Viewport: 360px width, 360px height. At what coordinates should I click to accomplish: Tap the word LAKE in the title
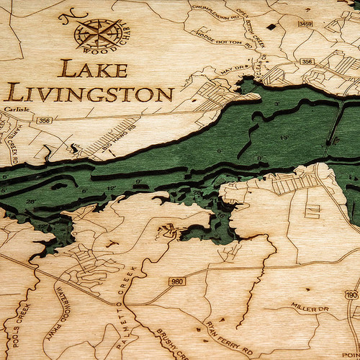click(x=94, y=70)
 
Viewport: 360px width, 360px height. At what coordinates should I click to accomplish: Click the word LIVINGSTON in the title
click(x=91, y=94)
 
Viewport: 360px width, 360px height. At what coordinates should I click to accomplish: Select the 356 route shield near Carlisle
click(x=45, y=120)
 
